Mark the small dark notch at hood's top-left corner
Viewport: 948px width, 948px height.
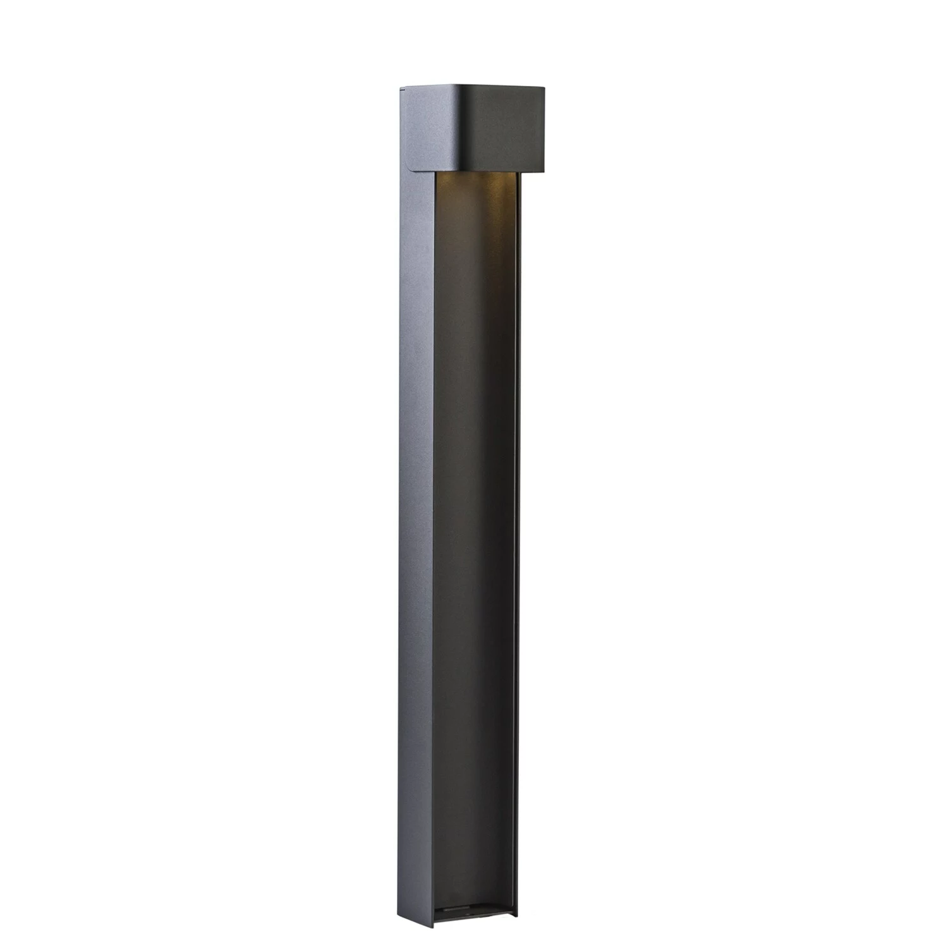[x=400, y=90]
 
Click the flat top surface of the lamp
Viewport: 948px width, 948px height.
[x=471, y=85]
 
